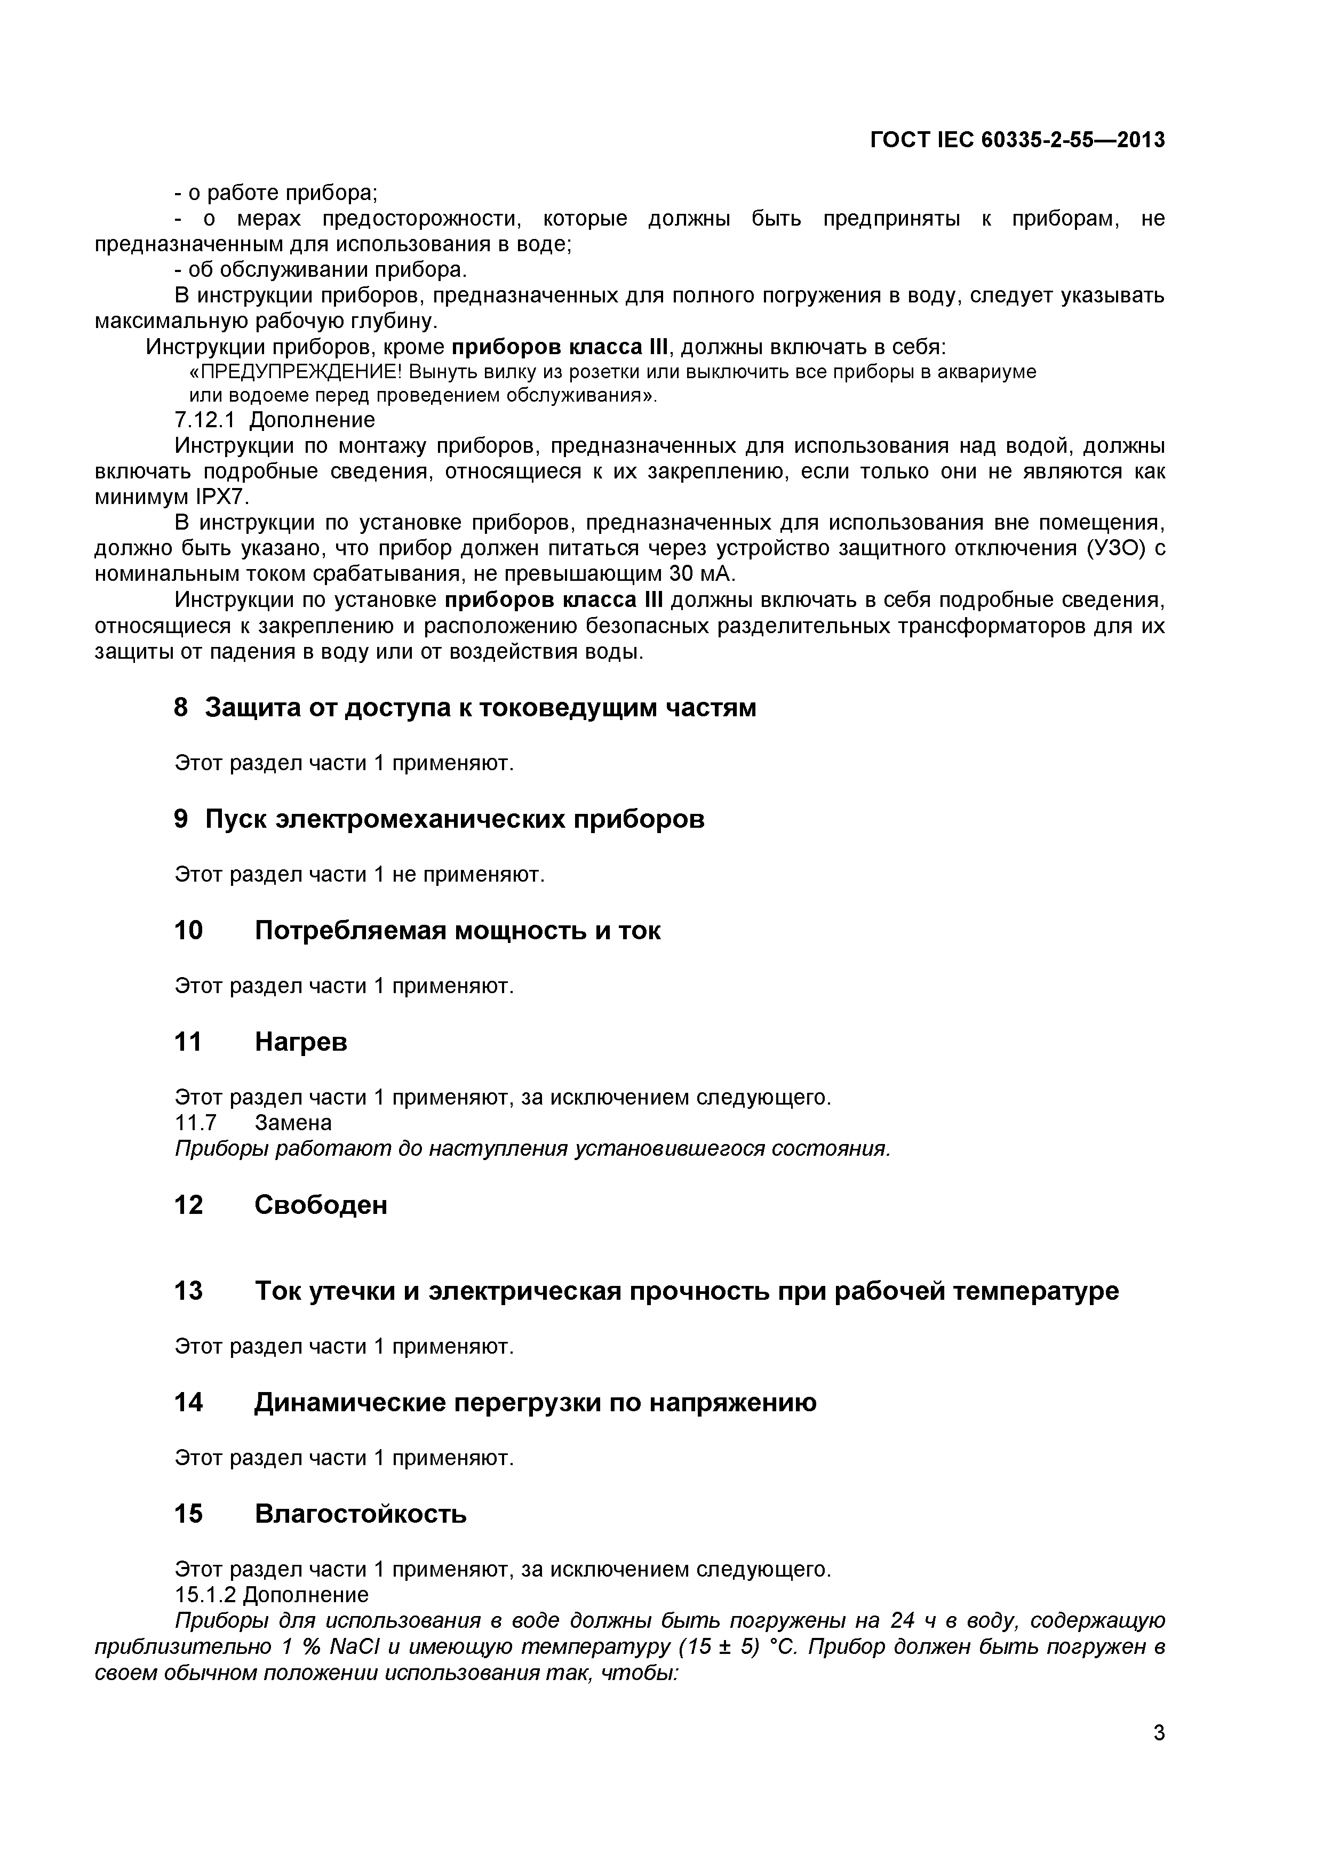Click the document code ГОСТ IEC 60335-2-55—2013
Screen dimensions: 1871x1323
(1017, 140)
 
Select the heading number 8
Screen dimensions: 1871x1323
(181, 707)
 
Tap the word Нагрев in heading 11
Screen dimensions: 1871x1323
(301, 1042)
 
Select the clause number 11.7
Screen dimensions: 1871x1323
(196, 1123)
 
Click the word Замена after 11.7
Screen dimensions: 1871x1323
(293, 1123)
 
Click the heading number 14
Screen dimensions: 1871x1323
(188, 1402)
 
